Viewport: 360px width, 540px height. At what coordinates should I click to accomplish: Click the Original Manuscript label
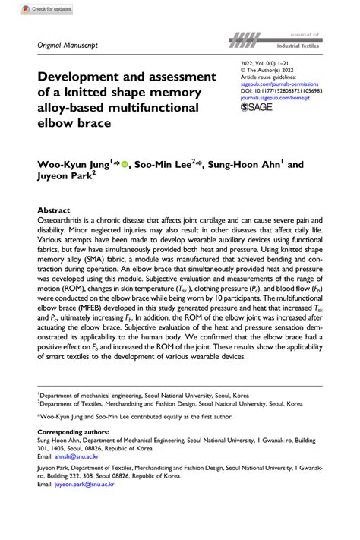68,46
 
